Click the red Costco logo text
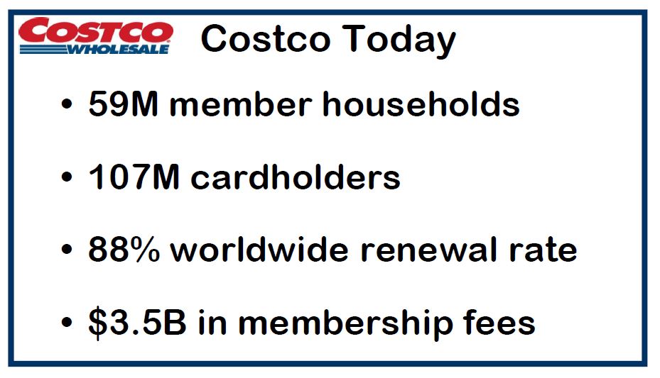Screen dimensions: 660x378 click(95, 30)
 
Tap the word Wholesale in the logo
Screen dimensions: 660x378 click(118, 50)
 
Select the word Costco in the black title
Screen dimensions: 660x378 click(265, 39)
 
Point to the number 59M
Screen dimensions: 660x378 click(123, 104)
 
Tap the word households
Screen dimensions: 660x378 click(421, 104)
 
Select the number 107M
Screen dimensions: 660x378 click(134, 177)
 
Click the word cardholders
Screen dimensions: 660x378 click(295, 177)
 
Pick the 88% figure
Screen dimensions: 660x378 click(124, 250)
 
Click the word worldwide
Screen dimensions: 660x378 click(259, 250)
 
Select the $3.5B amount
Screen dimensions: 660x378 click(137, 323)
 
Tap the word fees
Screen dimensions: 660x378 click(499, 322)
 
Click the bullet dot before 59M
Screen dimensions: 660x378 click(67, 104)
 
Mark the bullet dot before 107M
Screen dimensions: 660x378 click(67, 177)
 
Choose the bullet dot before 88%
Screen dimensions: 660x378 click(67, 250)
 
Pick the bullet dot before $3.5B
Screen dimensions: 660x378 click(67, 323)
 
